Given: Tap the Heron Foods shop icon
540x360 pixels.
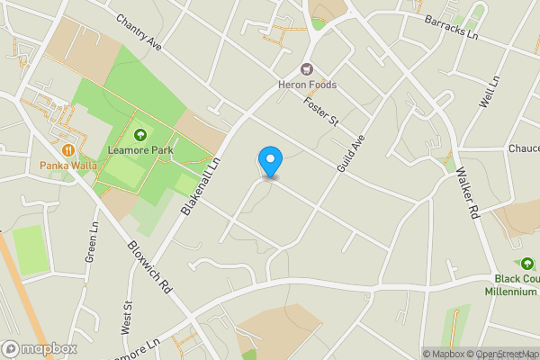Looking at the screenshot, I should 307,69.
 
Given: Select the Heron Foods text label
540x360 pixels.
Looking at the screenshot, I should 307,85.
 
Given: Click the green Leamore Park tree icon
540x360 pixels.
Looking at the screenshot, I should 140,135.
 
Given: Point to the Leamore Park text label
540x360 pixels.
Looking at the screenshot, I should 140,150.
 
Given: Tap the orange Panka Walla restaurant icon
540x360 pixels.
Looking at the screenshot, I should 68,149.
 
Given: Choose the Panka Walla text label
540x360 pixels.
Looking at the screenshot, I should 68,165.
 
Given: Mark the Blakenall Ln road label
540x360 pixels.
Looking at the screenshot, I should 202,184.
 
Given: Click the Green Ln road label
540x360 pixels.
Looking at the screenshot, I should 91,243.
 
